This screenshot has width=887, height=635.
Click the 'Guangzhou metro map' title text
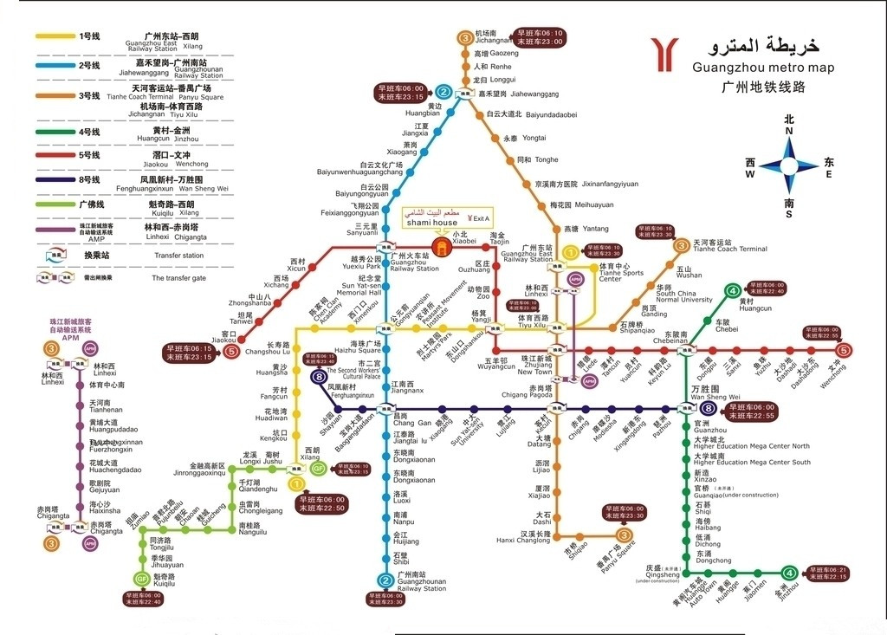(x=763, y=68)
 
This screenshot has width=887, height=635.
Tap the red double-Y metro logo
(x=668, y=54)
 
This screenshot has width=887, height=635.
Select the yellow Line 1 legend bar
(x=54, y=36)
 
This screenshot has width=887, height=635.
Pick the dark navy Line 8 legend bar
(x=54, y=179)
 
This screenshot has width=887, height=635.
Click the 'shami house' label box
(x=432, y=223)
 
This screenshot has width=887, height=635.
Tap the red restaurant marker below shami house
(x=442, y=249)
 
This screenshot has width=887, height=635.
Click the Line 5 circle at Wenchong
(x=844, y=351)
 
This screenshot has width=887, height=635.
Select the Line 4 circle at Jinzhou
(x=788, y=573)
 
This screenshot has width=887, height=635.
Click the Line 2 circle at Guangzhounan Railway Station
(x=385, y=580)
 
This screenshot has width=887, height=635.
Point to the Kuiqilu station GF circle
(x=141, y=579)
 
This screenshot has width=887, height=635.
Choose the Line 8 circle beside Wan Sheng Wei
(x=709, y=410)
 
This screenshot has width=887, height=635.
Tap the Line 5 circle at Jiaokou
(x=231, y=351)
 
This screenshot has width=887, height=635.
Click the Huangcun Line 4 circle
(x=733, y=291)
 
